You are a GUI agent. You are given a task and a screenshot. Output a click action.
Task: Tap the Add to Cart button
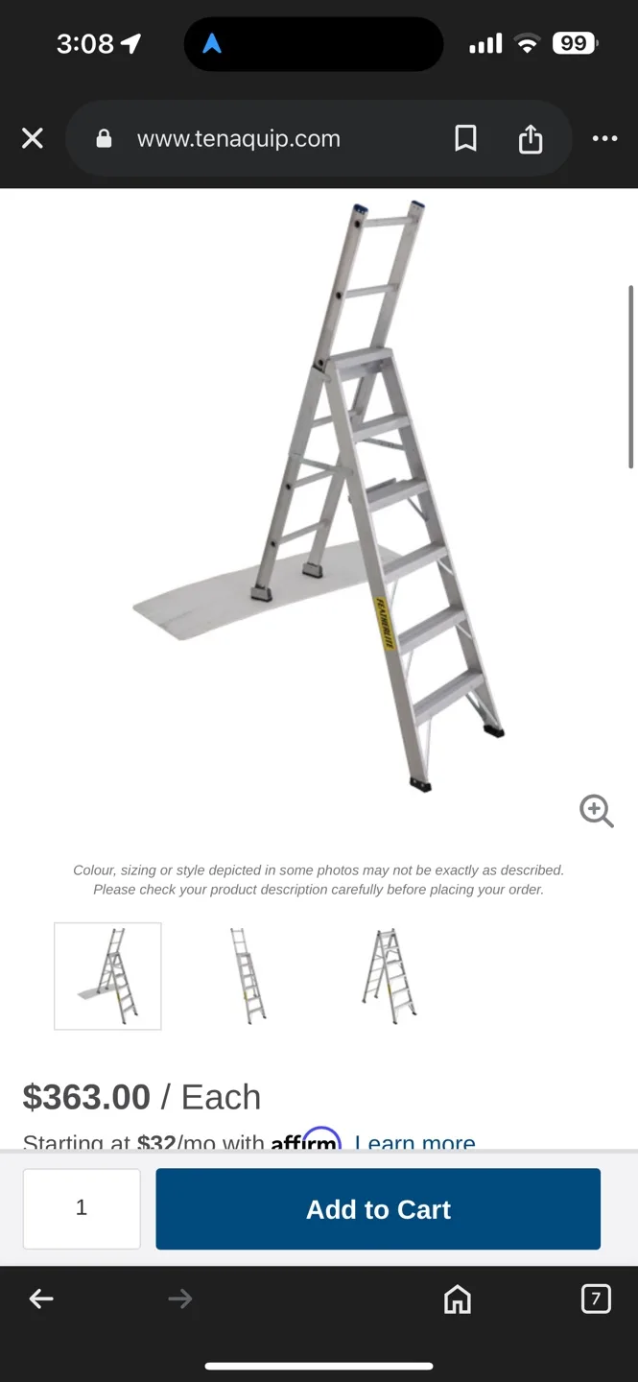(x=378, y=1209)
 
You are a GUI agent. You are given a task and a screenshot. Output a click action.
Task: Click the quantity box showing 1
(x=82, y=1208)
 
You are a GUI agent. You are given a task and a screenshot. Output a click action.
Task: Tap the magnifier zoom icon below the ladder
(x=596, y=811)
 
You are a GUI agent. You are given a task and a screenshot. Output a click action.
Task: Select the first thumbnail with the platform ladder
(x=107, y=976)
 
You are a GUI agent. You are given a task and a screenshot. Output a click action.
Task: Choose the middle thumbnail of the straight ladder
(x=248, y=976)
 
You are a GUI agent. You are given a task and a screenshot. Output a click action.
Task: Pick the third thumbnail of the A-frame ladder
(x=389, y=976)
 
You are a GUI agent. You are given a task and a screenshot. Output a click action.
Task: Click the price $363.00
(x=86, y=1097)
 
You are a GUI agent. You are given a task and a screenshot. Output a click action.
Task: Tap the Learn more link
(x=414, y=1143)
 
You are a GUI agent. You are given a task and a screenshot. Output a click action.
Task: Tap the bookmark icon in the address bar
(x=465, y=139)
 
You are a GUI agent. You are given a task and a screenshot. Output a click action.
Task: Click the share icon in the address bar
(x=531, y=139)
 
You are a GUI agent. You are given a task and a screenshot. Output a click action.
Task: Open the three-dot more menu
(x=604, y=139)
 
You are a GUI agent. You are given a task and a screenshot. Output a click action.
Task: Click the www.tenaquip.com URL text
(x=239, y=139)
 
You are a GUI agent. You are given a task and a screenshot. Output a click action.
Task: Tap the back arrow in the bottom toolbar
(x=41, y=1299)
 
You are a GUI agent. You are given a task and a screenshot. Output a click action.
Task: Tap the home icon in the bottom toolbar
(x=458, y=1299)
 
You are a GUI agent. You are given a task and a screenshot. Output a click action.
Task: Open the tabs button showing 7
(x=596, y=1299)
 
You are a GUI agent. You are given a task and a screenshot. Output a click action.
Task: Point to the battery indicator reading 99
(x=575, y=43)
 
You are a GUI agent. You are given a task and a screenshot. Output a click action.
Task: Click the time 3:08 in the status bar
(x=84, y=43)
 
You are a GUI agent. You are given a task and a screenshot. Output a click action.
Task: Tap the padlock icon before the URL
(x=104, y=139)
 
